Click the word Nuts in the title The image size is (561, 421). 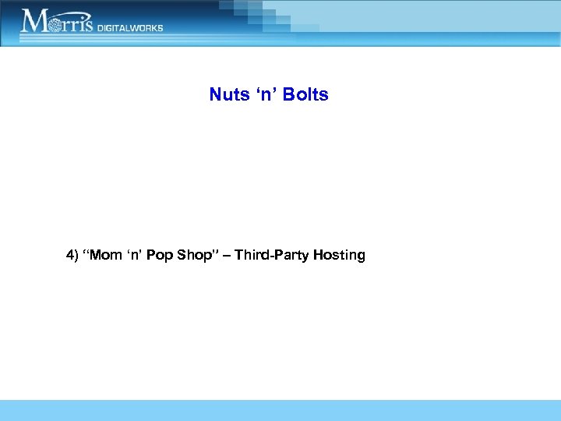pos(228,95)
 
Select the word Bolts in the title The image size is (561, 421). pos(306,95)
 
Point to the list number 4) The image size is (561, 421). pos(73,256)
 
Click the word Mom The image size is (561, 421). pos(107,256)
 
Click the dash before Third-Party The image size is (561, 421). pos(226,256)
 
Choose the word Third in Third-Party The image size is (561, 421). pos(249,255)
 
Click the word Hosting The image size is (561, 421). pos(339,256)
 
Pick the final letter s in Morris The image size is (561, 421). pos(88,24)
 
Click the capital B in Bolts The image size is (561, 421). pos(290,95)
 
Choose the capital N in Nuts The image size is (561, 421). pos(215,95)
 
